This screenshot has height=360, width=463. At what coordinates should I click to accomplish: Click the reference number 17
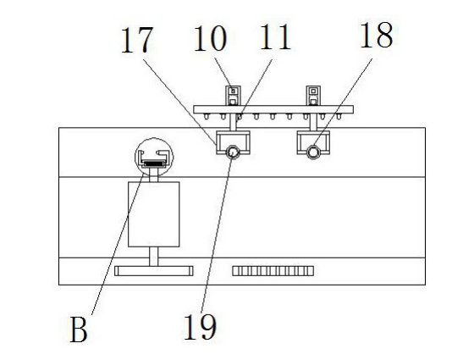tap(137, 40)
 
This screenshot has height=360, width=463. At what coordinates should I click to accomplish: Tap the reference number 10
tap(210, 38)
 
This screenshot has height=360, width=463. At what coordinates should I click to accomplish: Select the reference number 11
tap(275, 37)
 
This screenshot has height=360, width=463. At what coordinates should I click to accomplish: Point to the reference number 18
tap(377, 35)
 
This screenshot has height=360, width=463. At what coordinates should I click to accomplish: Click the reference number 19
tap(201, 326)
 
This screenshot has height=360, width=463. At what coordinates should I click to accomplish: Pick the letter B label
tap(79, 330)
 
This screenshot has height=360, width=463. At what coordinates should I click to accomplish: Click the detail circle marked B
tap(154, 138)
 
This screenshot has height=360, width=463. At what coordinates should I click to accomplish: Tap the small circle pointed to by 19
tap(233, 152)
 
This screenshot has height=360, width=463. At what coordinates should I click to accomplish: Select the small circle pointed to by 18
tap(313, 152)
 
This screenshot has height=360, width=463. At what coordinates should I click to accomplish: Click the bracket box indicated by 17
tap(217, 142)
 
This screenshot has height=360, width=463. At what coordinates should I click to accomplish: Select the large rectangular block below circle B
tap(153, 214)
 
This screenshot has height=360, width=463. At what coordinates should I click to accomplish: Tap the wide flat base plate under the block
tap(154, 271)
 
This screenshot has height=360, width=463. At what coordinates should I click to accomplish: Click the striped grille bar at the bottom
tap(273, 271)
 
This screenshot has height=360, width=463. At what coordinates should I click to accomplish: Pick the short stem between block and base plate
tap(153, 257)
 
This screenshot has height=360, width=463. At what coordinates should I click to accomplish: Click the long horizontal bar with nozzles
tap(273, 109)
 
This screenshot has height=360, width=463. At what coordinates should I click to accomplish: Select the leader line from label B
tap(118, 245)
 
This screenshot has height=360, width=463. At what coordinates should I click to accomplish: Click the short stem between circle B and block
tap(153, 174)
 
